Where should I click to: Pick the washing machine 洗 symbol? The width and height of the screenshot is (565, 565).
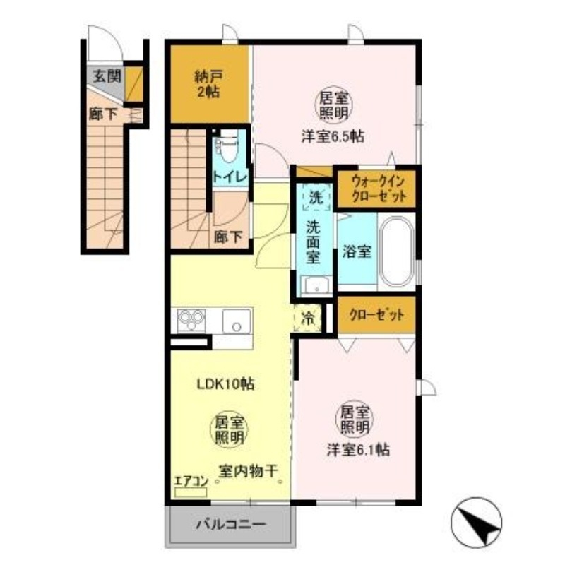click(315, 198)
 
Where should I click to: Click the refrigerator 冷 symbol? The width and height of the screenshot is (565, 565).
click(308, 318)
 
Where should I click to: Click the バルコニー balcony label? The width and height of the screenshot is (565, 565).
click(230, 525)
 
